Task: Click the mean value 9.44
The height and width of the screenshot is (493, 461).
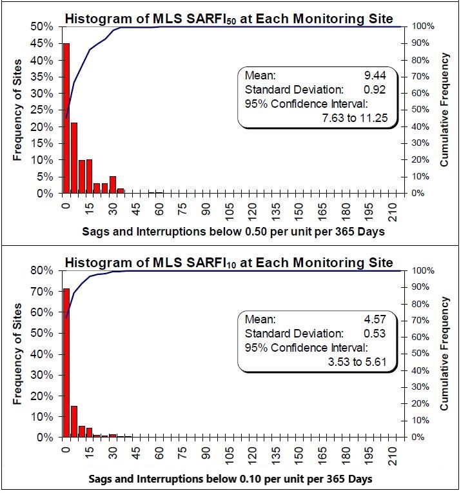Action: click(x=377, y=75)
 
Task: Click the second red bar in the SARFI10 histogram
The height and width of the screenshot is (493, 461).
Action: click(x=74, y=421)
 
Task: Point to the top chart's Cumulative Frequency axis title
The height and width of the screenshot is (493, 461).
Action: click(x=444, y=110)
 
